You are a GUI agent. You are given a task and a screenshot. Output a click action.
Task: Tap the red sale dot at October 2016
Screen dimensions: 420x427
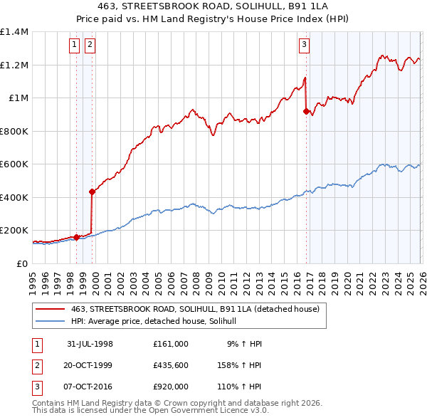point(306,111)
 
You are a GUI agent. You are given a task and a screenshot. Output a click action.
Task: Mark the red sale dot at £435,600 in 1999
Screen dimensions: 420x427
point(92,191)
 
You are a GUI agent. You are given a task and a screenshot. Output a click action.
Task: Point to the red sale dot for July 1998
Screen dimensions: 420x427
point(76,237)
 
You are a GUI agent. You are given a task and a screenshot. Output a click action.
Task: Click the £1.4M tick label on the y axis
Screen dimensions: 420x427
point(14,32)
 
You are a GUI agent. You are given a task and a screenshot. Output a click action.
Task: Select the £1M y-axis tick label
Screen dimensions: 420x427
point(17,98)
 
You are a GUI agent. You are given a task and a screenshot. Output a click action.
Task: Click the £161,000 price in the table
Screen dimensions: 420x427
point(170,344)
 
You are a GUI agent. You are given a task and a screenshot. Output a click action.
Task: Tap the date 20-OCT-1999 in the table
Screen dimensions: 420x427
point(90,365)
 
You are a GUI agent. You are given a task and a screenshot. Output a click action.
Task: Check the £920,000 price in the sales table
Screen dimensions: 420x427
point(170,387)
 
